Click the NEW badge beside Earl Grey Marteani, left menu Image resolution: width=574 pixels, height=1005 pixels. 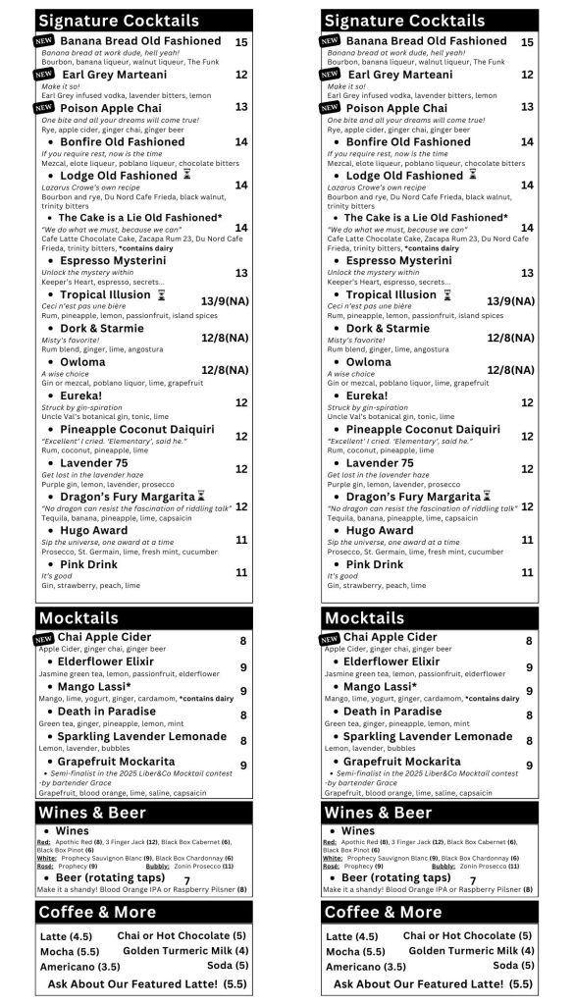pos(43,75)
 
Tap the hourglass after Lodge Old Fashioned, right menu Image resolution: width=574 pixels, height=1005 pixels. pos(473,175)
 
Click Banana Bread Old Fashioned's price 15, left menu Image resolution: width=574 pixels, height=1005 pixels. pos(241,42)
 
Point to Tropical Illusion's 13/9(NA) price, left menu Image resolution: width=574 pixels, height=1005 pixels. pos(225,300)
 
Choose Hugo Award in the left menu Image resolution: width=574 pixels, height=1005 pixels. pos(99,531)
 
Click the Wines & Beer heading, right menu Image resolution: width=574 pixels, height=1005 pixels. pos(378,813)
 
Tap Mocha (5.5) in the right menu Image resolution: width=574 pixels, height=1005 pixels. pos(355,952)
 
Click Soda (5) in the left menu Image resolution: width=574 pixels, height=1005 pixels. pos(232,965)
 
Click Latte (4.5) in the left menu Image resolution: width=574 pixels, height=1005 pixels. pos(66,936)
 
